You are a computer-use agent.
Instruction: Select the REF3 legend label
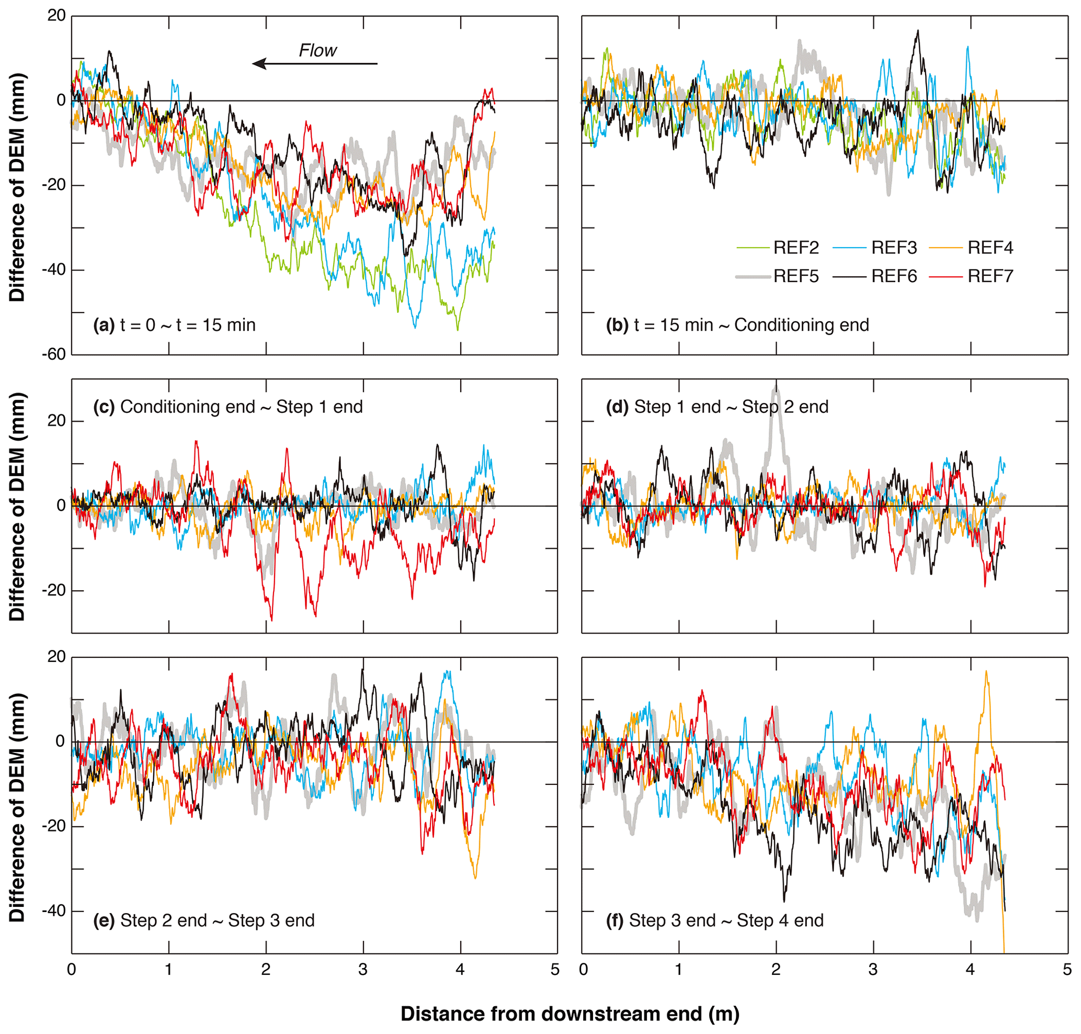click(x=893, y=248)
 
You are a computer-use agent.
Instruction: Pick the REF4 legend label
click(x=989, y=248)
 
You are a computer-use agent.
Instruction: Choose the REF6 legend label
click(x=893, y=276)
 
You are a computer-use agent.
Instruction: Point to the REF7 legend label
click(x=989, y=276)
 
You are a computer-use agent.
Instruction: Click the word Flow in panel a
click(x=317, y=51)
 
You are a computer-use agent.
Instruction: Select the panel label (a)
click(x=104, y=325)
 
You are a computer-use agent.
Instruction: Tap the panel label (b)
click(x=617, y=325)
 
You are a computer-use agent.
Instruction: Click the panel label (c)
click(x=104, y=407)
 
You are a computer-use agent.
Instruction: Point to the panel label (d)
click(x=617, y=407)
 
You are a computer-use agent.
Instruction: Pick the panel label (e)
click(x=104, y=920)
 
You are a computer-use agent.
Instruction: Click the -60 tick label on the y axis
click(x=53, y=354)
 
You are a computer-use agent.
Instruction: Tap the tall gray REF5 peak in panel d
click(x=776, y=390)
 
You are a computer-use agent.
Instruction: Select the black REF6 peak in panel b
click(x=917, y=32)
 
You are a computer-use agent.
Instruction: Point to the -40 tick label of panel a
click(x=53, y=270)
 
